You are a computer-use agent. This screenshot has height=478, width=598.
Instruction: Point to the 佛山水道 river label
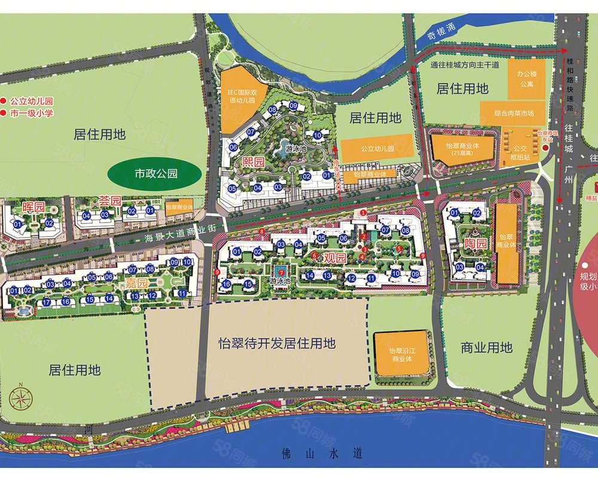322,454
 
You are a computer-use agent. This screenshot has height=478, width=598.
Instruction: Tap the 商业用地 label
487,347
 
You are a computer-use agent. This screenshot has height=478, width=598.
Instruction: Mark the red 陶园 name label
474,244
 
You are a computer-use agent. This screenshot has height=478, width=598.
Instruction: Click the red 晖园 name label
33,207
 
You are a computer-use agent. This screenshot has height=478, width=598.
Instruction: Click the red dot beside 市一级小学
5,113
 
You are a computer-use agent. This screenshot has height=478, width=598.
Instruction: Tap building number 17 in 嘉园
47,302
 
